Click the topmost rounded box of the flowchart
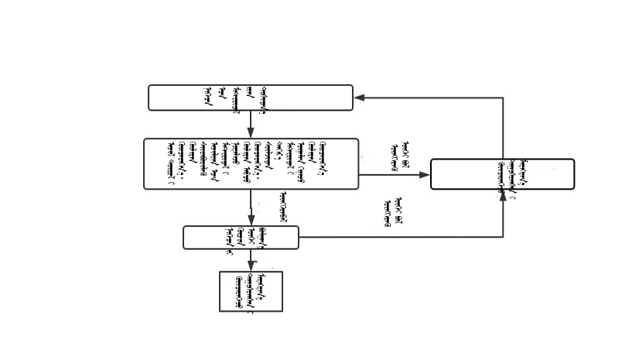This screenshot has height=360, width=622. click(x=250, y=98)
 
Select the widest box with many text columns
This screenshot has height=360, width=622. click(x=251, y=163)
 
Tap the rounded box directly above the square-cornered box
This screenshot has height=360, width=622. click(x=241, y=237)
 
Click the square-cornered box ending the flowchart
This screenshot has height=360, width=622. click(x=251, y=291)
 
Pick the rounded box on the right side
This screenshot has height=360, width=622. click(x=502, y=173)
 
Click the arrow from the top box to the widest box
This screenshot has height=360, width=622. click(x=251, y=124)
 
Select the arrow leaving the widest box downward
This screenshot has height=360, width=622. click(x=251, y=207)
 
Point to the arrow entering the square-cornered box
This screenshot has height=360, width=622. click(x=251, y=260)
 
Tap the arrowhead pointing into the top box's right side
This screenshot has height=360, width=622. click(x=359, y=98)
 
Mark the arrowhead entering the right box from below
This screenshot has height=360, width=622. click(x=503, y=194)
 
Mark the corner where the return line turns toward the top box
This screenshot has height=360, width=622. click(x=503, y=98)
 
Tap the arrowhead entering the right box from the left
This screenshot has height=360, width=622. click(x=425, y=175)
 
